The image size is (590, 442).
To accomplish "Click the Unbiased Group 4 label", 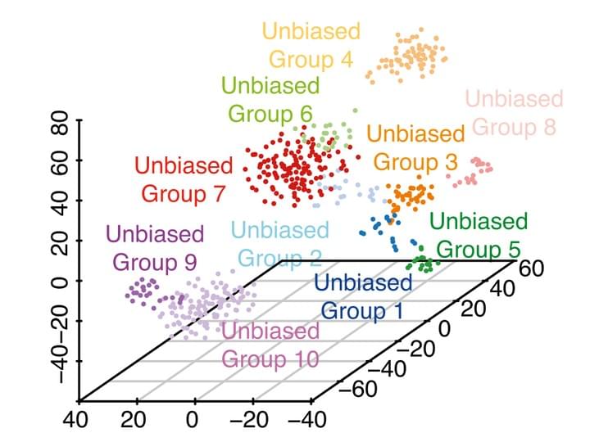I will point(311,46).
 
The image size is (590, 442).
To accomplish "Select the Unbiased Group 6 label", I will point(270,99).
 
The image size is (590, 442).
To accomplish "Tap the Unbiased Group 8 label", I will point(515,113).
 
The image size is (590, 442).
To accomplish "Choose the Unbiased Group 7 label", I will point(184,180).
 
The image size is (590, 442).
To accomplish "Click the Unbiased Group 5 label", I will point(479,234).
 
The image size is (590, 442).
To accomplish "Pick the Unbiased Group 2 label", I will point(280,245).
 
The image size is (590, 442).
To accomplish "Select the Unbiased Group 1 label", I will point(362,296).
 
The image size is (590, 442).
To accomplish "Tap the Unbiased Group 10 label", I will point(270,345).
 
